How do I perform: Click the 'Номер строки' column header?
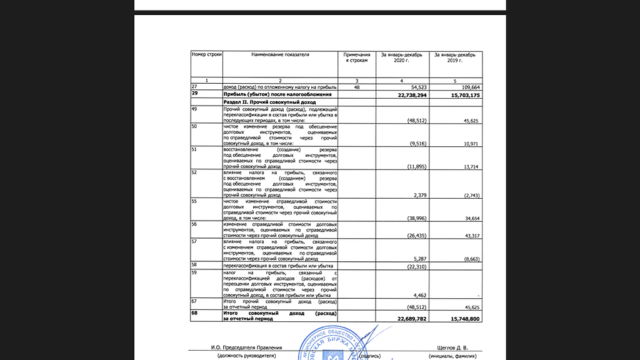206,55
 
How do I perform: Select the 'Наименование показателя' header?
280,55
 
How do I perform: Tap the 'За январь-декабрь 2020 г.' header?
402,58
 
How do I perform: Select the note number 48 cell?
357,87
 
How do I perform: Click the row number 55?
195,202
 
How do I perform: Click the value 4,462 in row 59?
419,295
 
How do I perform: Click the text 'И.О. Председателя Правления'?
246,347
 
